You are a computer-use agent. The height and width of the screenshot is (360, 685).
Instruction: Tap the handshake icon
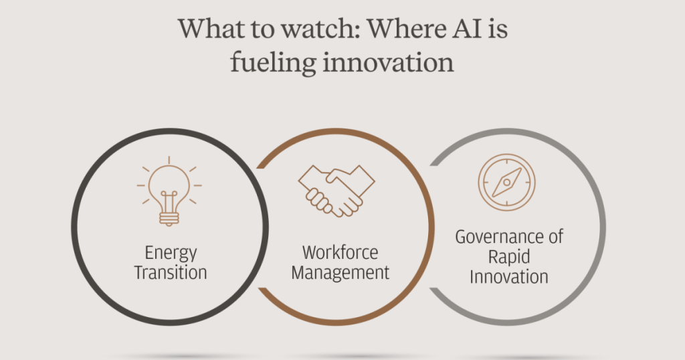[336, 191]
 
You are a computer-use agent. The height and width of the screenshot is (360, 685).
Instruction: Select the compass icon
[507, 182]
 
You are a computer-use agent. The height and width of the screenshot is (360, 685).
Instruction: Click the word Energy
[171, 254]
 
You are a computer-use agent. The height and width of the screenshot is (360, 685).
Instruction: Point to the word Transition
[171, 272]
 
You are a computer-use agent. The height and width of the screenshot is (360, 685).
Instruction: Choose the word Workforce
[340, 252]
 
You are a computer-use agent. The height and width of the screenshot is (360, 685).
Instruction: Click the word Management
[340, 273]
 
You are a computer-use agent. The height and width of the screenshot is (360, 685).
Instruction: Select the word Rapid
[509, 257]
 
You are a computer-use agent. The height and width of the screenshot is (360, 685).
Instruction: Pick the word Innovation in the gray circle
[509, 277]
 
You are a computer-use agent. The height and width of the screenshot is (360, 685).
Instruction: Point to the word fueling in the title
[273, 62]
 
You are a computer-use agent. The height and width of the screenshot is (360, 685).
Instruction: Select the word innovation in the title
[389, 63]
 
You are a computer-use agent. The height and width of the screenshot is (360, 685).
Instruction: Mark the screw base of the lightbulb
[169, 218]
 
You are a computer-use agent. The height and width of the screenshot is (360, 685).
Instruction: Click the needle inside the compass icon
[507, 182]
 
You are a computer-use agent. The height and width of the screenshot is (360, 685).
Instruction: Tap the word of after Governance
[554, 236]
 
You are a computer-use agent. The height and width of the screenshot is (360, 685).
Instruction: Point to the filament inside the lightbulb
[169, 201]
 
